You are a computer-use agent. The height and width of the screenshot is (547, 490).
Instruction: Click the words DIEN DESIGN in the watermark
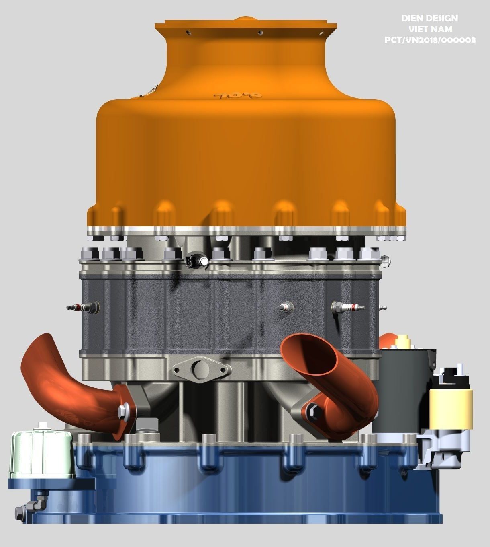pos(429,18)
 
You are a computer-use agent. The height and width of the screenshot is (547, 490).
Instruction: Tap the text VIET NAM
pos(430,29)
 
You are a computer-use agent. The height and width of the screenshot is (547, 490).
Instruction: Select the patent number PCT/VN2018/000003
pos(430,40)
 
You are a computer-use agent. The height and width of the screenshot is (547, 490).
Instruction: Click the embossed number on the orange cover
pos(238,96)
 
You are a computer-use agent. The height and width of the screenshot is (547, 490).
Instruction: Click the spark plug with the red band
pos(348,308)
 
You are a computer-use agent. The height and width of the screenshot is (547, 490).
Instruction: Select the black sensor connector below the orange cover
pos(192,261)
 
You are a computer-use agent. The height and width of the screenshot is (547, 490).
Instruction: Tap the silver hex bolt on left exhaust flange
pos(122,411)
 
